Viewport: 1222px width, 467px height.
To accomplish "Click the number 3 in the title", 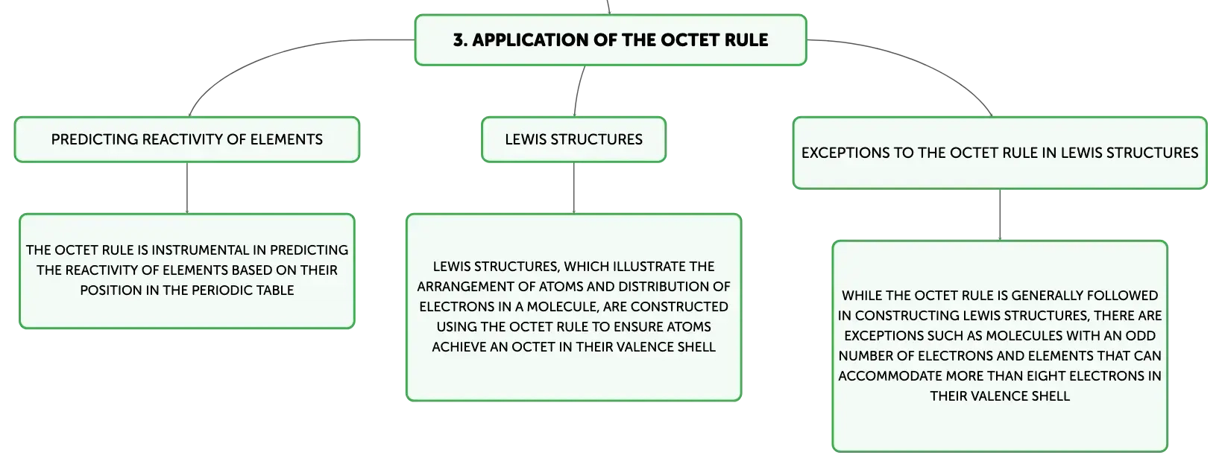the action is coord(459,39).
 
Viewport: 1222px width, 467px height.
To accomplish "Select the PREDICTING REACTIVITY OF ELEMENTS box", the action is coord(187,139).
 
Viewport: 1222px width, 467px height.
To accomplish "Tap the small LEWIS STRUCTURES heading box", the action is coord(574,139).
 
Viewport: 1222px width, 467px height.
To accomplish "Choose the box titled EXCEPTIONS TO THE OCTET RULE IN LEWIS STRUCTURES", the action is coord(1000,153).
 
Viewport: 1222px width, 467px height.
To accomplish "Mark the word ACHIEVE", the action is coord(459,347).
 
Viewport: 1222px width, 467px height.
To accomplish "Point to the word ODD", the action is coord(1141,336).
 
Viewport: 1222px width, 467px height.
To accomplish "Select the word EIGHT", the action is coord(1045,376).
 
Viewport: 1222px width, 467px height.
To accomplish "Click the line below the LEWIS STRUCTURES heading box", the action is coord(574,188).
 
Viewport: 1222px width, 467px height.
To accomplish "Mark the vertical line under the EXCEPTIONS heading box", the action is coord(1000,215).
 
